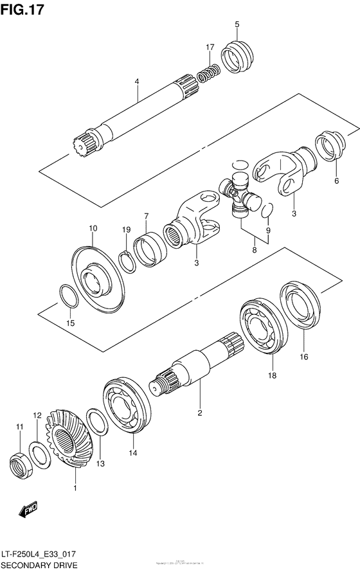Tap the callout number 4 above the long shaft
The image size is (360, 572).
137,82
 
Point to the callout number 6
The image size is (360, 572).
336,181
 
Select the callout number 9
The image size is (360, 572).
268,230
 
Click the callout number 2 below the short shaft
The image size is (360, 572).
200,412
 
